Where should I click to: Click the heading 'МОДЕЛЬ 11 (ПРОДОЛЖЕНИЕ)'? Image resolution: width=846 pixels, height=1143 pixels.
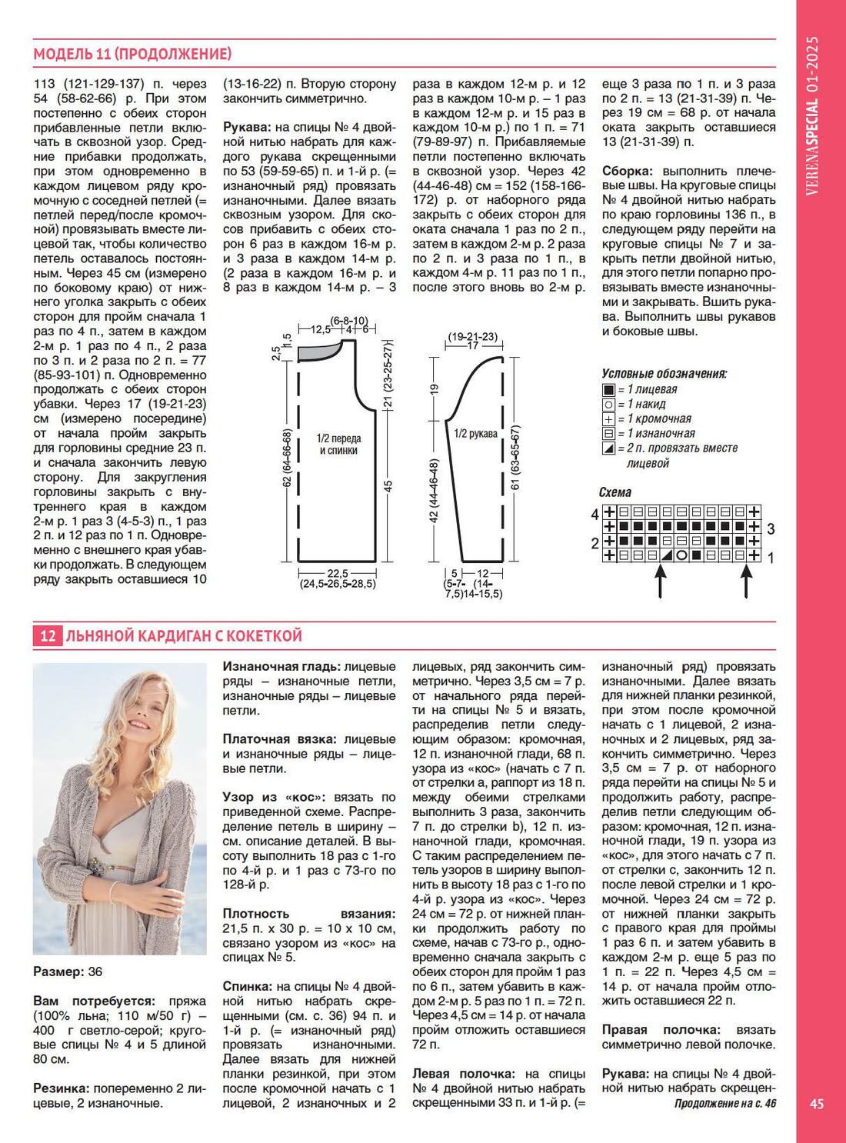pos(132,54)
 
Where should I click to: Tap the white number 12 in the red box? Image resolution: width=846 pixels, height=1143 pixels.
pos(48,636)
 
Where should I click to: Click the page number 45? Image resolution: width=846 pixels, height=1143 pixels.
pos(817,1104)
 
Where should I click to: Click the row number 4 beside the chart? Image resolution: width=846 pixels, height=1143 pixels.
pos(595,513)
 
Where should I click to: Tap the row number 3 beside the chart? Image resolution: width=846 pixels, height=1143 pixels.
pos(770,528)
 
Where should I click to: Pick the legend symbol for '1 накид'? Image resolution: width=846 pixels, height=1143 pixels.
pos(608,405)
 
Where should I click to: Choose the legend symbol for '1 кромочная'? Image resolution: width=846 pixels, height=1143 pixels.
pos(608,419)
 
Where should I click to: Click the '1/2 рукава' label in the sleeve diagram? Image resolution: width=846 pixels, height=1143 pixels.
pos(475,434)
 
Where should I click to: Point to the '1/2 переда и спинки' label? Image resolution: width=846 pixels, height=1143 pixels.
pos(338,444)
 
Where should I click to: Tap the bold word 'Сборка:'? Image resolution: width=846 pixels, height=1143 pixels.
pos(628,171)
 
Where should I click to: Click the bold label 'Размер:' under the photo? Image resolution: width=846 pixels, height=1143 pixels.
pos(58,971)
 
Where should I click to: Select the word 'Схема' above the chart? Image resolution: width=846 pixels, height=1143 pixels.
pos(615,492)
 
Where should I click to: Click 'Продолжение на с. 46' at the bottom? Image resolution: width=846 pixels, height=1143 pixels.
pos(725,1104)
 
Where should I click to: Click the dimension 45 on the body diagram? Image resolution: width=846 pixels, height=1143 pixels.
pos(388,485)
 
